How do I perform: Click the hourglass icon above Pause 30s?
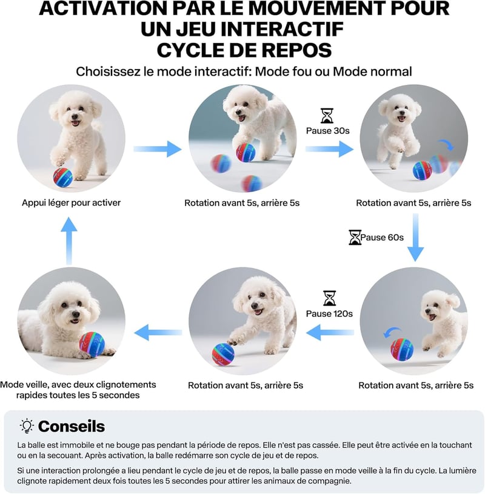[327, 116]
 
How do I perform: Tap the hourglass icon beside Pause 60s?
[355, 237]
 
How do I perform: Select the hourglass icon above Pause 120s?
[329, 298]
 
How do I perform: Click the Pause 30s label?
[328, 131]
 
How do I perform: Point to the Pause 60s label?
[382, 237]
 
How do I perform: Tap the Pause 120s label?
[329, 313]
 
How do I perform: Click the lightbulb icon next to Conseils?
[27, 426]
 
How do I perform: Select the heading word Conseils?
[72, 426]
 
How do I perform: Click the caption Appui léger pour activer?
[71, 202]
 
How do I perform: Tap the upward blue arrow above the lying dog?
[69, 241]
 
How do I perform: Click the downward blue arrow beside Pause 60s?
[416, 238]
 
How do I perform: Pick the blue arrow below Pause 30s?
[330, 149]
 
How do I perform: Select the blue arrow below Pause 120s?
[330, 332]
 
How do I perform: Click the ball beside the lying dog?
[92, 344]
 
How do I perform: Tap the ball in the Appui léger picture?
[63, 178]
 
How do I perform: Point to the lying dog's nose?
[76, 315]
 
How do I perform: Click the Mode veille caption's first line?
[78, 385]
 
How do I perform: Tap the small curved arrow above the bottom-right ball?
[392, 332]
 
